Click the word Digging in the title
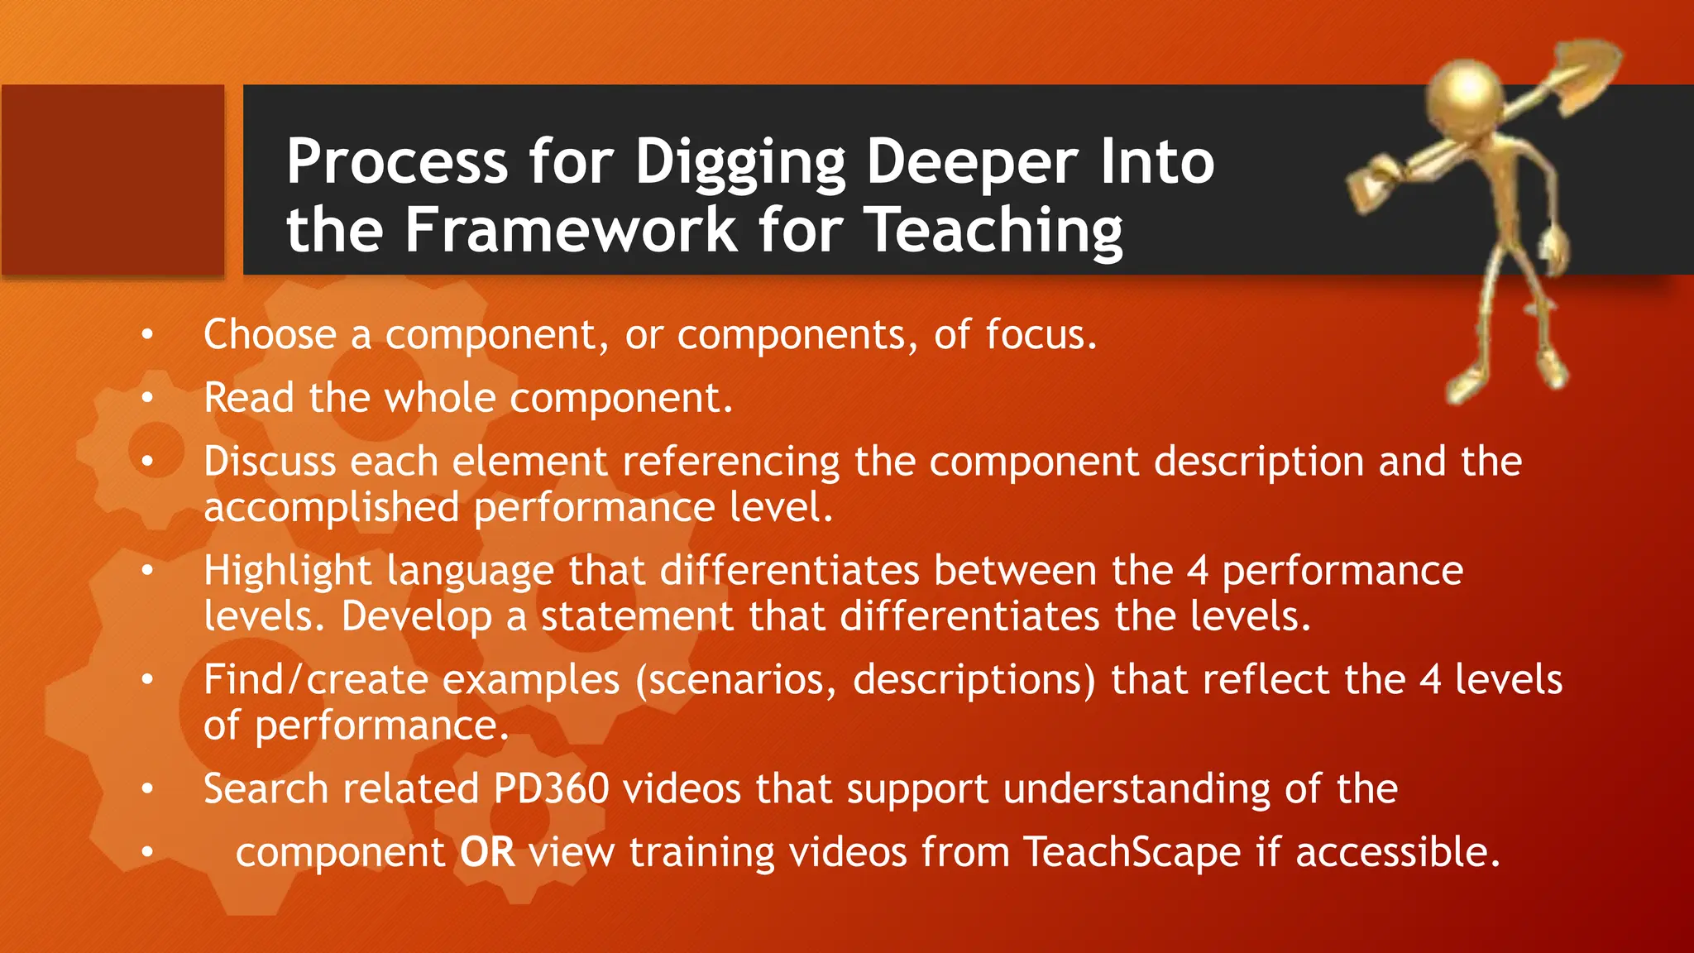tap(740, 162)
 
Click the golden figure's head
tap(1469, 92)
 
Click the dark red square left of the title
tap(112, 180)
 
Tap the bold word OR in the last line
tap(487, 852)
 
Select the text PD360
tap(551, 788)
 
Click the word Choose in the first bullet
tap(270, 334)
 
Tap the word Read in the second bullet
tap(249, 398)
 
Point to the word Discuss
tap(270, 461)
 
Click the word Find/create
tap(315, 680)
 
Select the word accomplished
tap(331, 507)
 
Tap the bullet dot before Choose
tap(147, 335)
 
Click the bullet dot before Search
tap(147, 789)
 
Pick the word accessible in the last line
tap(1397, 852)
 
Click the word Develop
tap(417, 616)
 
